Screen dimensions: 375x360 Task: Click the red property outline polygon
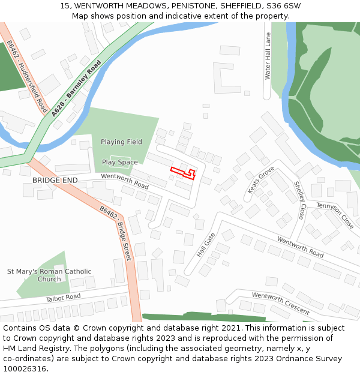183,172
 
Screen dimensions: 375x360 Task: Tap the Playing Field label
121,142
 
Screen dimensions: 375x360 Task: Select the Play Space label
119,162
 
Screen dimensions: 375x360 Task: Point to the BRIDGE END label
55,180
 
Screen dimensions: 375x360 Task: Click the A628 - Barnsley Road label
76,88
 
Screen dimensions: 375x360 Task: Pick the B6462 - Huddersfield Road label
28,77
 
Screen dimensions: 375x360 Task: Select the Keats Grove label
261,179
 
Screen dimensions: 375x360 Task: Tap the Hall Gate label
206,245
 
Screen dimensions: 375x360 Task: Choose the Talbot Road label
63,298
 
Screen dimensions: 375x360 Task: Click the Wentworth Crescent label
280,304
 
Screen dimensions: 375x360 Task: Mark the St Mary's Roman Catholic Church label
49,275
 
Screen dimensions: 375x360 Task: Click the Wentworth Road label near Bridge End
124,181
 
